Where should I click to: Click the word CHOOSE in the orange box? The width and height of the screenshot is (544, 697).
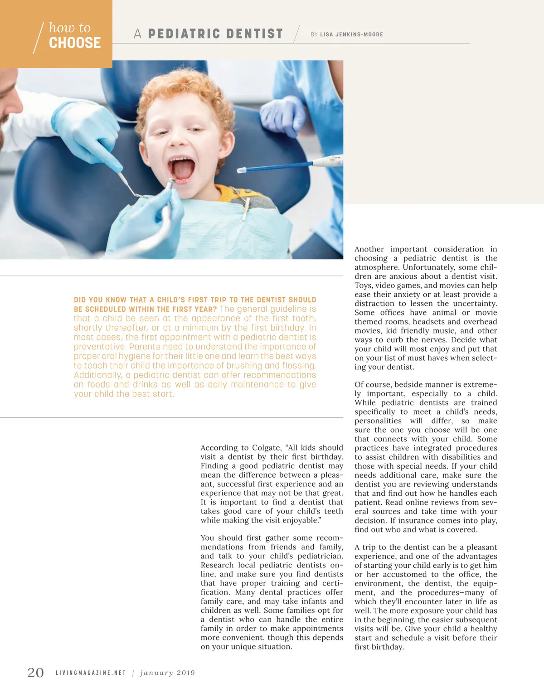pos(75,43)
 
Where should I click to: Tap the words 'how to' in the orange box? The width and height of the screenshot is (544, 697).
pos(70,28)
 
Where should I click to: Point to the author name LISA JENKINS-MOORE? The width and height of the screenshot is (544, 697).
pos(351,34)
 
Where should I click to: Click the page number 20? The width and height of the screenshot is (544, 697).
pos(36,673)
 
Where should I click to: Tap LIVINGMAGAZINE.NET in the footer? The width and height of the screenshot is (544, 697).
pos(91,673)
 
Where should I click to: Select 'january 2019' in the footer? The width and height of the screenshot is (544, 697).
pos(168,673)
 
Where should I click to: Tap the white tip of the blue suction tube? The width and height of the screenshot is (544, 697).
pos(241,170)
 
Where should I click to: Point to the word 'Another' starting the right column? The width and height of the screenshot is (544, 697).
pos(369,249)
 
